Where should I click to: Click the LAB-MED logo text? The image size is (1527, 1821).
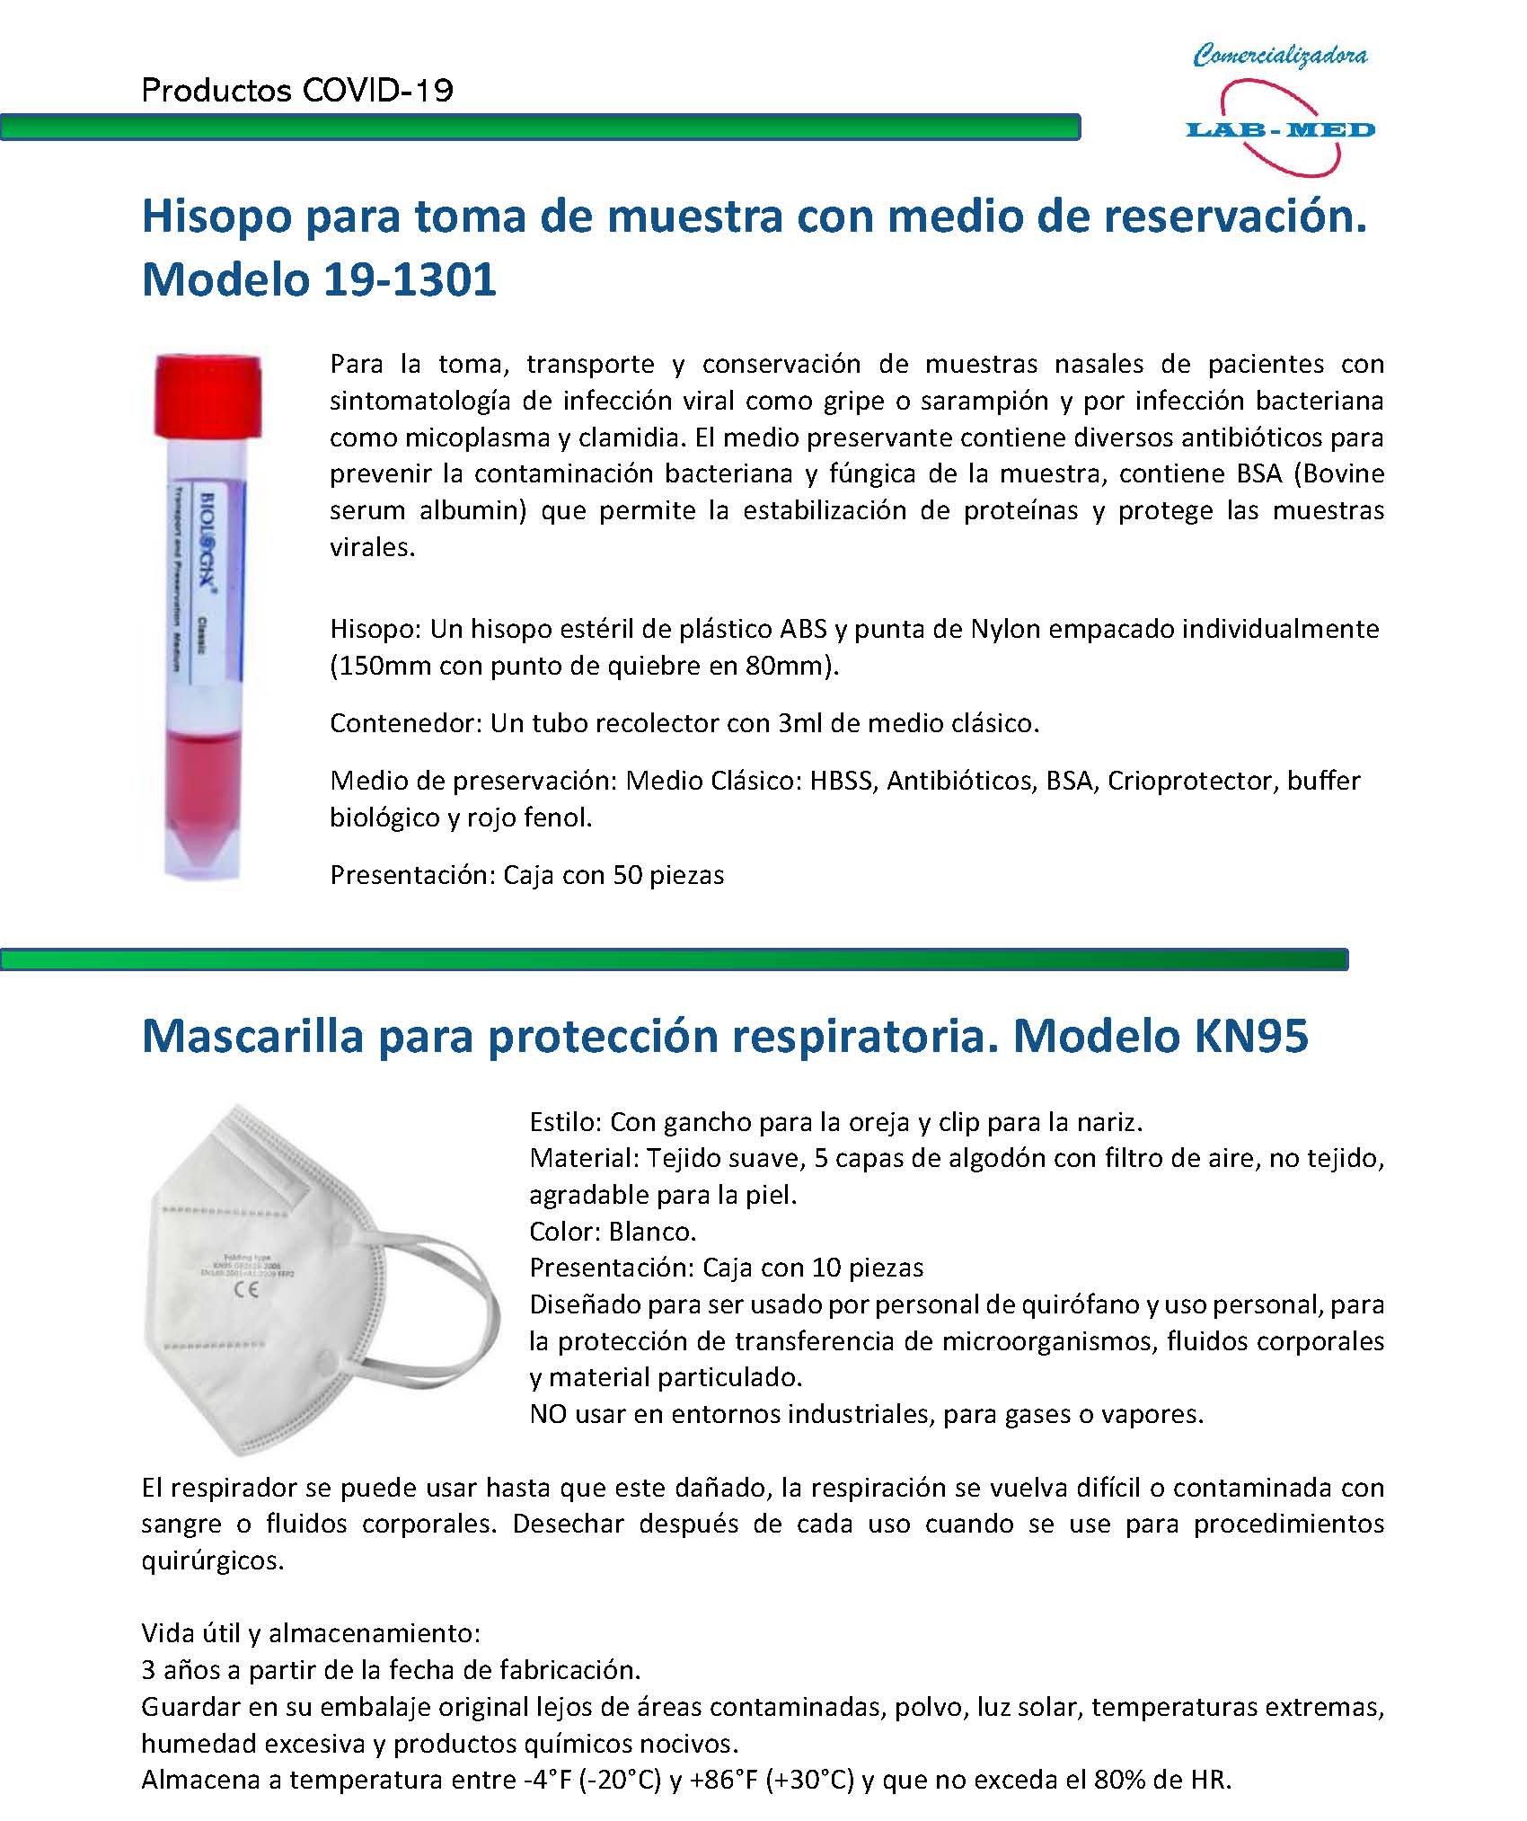(1280, 130)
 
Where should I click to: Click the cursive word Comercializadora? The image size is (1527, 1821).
(1280, 57)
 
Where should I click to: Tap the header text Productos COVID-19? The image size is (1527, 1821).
(297, 91)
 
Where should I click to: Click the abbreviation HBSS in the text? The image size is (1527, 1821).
(841, 781)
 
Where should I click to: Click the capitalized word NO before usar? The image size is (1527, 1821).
(548, 1414)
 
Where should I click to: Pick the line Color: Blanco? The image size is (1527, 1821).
(613, 1231)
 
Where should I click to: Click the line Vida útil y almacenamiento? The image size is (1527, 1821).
(311, 1632)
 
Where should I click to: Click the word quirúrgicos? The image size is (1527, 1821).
(213, 1560)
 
